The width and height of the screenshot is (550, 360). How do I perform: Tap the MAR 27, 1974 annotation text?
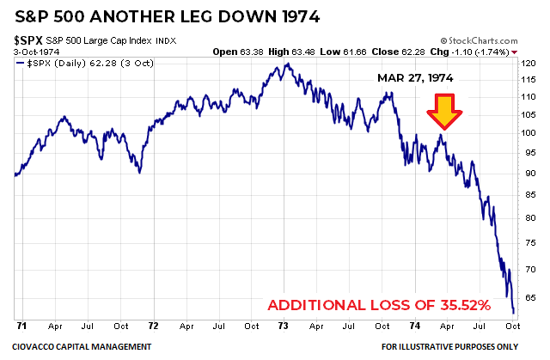417,77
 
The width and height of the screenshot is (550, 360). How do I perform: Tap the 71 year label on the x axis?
20,326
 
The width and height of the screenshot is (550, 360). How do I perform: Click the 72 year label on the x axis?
152,326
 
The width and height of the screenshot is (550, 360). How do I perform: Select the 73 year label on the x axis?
284,326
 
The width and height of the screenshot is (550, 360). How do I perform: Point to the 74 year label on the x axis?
415,326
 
